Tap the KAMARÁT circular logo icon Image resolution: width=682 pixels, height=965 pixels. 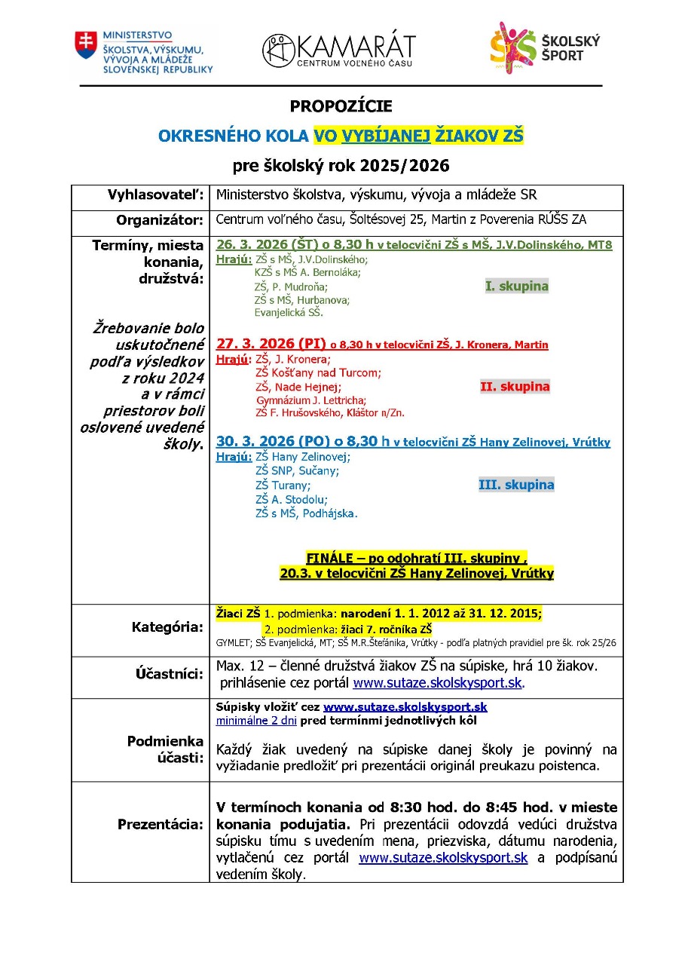[278, 50]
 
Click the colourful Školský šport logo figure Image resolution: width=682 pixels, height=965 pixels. [512, 47]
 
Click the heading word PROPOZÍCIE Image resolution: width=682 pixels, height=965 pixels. [341, 107]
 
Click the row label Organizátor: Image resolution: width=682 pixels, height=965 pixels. [160, 221]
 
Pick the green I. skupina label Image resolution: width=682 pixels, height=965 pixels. [516, 286]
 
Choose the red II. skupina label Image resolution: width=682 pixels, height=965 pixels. [515, 387]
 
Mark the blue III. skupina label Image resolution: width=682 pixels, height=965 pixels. [516, 485]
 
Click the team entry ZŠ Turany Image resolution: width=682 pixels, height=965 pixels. [283, 486]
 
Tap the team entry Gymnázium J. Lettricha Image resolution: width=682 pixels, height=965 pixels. [311, 400]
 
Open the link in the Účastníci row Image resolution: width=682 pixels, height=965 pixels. [437, 683]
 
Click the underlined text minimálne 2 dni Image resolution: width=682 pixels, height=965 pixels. [256, 721]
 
